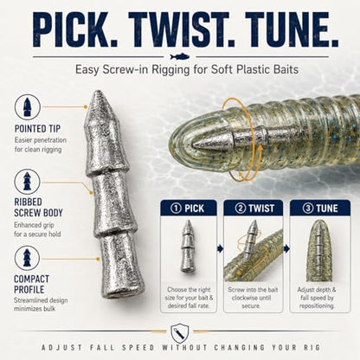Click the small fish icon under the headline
click(x=180, y=56)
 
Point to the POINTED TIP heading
click(x=37, y=129)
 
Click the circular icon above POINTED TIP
click(x=27, y=106)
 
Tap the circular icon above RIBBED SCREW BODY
click(x=27, y=182)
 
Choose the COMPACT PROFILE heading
click(x=31, y=284)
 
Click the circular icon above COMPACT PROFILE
click(x=27, y=259)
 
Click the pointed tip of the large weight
click(x=99, y=92)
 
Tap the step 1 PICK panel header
click(x=189, y=208)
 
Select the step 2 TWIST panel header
click(x=254, y=208)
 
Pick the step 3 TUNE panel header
click(x=320, y=208)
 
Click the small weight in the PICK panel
click(x=188, y=246)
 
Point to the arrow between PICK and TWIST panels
click(x=221, y=248)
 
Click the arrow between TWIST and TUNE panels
click(x=286, y=248)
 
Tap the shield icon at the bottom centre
click(x=179, y=333)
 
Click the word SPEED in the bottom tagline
click(x=138, y=347)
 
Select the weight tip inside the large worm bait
click(x=199, y=142)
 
